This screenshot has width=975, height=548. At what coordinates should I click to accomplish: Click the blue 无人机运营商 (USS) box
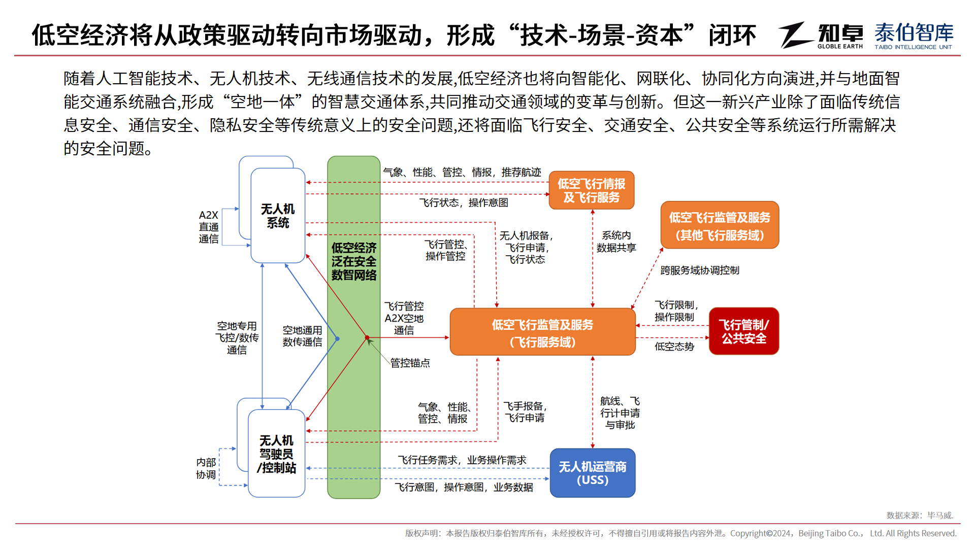(x=593, y=473)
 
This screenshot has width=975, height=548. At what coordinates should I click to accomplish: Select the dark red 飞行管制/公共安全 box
(x=744, y=331)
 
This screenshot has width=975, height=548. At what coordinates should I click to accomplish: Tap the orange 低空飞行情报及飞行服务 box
(x=592, y=190)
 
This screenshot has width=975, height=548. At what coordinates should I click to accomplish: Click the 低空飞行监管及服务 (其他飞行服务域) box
(x=720, y=225)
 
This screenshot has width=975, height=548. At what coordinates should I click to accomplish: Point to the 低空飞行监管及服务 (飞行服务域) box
(x=543, y=332)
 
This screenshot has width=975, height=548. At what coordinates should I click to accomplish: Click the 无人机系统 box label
(x=278, y=216)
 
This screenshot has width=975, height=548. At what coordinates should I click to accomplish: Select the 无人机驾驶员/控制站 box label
(x=276, y=454)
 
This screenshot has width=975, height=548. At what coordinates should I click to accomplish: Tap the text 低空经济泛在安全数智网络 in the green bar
(x=354, y=261)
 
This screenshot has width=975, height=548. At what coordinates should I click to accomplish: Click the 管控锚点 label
(x=410, y=363)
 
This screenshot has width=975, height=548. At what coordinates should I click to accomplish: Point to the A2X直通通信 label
(x=209, y=227)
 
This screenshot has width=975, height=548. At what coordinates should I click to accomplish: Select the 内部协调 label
(x=206, y=468)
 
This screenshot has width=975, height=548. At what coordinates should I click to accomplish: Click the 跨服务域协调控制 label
(x=700, y=270)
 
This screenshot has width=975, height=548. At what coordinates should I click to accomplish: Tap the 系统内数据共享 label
(x=616, y=242)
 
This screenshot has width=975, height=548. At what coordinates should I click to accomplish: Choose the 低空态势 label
(x=674, y=347)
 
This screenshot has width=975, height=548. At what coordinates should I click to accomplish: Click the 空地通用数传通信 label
(x=302, y=336)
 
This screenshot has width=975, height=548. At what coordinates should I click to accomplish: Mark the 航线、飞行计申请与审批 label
(x=620, y=413)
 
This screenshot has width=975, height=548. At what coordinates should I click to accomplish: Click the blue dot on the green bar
(x=337, y=338)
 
